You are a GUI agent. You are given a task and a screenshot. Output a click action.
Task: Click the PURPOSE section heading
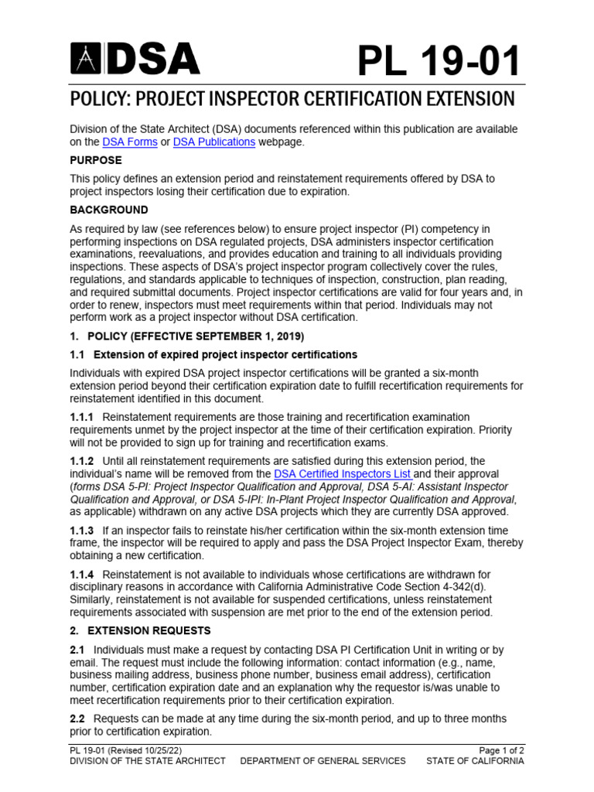tap(96, 160)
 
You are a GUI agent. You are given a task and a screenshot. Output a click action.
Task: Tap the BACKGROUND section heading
tap(108, 210)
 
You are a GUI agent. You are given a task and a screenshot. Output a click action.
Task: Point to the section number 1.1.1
tap(82, 418)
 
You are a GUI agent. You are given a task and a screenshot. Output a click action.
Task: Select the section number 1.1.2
tap(82, 461)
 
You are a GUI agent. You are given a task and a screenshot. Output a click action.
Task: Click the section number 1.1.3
tap(82, 531)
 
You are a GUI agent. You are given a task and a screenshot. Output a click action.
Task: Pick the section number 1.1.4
tap(82, 575)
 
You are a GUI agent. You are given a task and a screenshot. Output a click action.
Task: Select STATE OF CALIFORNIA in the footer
tap(475, 761)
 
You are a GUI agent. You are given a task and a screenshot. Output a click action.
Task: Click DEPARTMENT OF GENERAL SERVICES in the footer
tap(323, 761)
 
